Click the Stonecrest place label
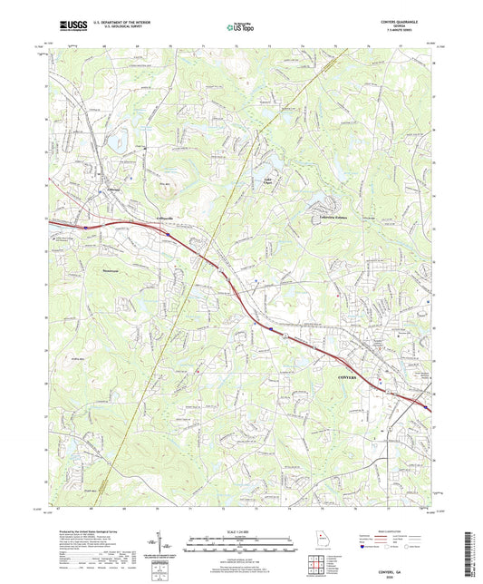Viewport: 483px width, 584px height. click(x=109, y=269)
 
